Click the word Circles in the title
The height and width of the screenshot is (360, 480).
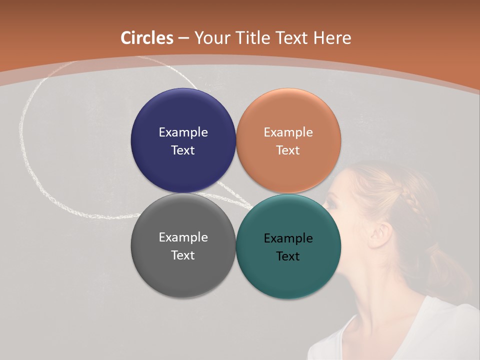coord(147,38)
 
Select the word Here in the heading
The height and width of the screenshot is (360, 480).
coord(332,38)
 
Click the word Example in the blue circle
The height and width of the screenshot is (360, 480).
coord(183,132)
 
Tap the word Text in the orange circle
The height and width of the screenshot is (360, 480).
coord(288,150)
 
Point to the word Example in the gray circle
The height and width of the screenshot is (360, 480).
coord(183,237)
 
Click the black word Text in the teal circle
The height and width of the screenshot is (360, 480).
coord(288,256)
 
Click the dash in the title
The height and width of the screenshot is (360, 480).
coord(183,38)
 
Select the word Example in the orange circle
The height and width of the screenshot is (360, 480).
coord(288,132)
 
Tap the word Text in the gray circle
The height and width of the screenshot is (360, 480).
coord(183,255)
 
